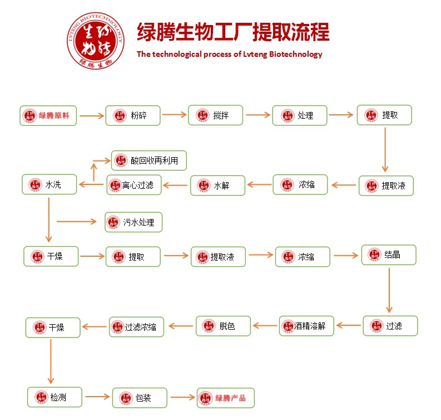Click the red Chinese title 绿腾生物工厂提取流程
tap(233, 32)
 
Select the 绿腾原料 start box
tap(48, 115)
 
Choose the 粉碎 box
tap(133, 115)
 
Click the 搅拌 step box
tap(215, 115)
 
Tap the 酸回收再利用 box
tap(148, 161)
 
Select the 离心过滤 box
tap(134, 185)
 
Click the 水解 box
tap(217, 185)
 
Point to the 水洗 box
tap(49, 184)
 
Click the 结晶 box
tap(389, 255)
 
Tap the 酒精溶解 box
tap(306, 326)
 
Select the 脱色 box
tap(222, 326)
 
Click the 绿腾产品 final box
tap(226, 398)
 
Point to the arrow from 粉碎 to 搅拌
tap(174, 115)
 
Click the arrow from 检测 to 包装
tap(97, 397)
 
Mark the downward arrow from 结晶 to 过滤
tap(389, 290)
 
